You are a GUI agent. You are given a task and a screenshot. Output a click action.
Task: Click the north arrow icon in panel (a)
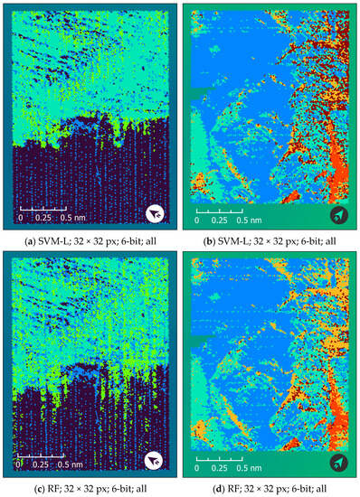[156, 213]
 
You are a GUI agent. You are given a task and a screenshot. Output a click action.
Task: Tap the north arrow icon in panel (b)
[336, 213]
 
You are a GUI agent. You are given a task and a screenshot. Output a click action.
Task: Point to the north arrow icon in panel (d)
[336, 458]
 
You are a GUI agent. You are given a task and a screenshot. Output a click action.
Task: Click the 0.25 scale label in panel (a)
[42, 218]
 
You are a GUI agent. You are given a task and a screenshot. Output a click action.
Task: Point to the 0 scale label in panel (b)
[197, 219]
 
